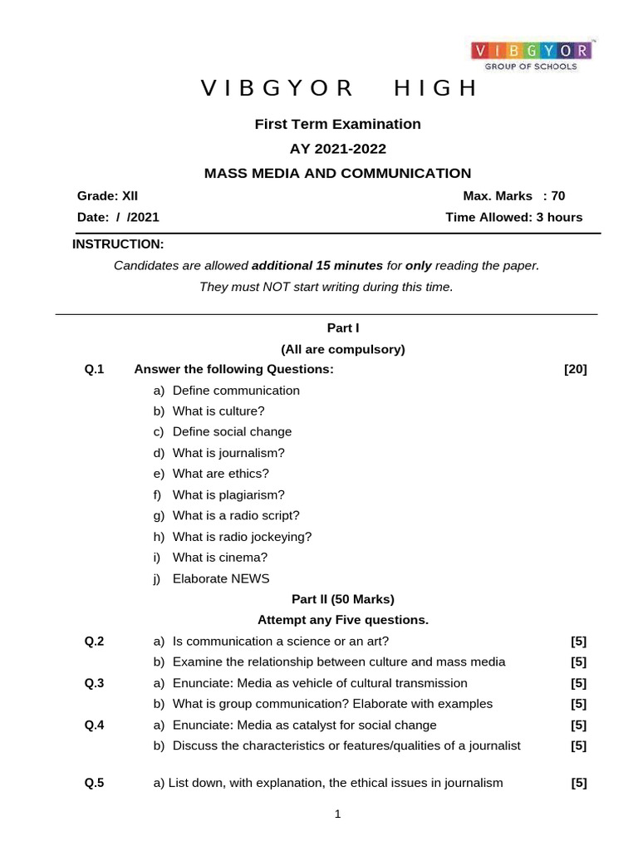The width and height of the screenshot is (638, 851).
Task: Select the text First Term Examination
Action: click(x=337, y=124)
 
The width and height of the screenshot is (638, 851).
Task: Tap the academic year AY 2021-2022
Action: click(x=337, y=149)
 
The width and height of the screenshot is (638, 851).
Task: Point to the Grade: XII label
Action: click(x=108, y=196)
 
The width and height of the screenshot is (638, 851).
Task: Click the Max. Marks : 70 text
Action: click(x=513, y=196)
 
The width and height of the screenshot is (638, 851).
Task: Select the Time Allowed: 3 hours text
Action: click(x=514, y=217)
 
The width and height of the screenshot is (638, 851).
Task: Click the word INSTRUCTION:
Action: click(x=118, y=244)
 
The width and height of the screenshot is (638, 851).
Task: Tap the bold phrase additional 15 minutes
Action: click(x=317, y=266)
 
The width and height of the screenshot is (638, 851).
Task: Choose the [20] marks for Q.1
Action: click(x=575, y=370)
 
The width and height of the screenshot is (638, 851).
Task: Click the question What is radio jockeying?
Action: click(x=242, y=537)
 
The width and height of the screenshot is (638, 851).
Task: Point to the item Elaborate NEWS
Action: click(x=221, y=578)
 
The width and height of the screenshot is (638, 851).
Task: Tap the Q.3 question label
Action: click(x=94, y=683)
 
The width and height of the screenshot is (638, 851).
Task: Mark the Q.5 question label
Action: click(x=94, y=782)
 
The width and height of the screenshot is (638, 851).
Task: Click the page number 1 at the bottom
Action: click(x=337, y=815)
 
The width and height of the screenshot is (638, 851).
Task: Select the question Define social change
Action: click(x=232, y=432)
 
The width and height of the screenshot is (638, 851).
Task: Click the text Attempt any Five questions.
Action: click(x=342, y=620)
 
